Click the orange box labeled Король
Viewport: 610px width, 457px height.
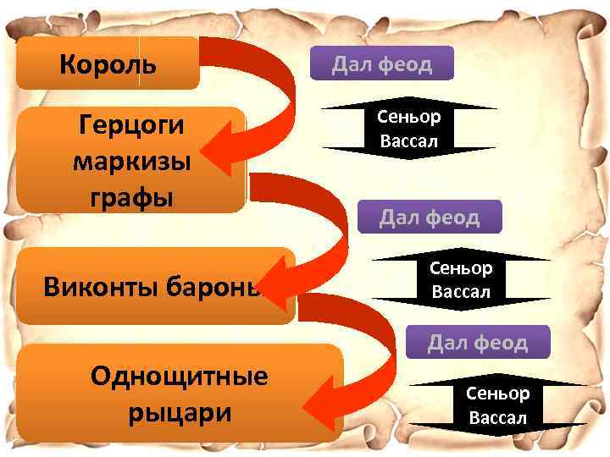coord(108,63)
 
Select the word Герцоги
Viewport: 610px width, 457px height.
coord(131,125)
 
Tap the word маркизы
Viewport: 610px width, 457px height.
coord(132,162)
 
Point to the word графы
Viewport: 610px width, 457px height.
coord(132,198)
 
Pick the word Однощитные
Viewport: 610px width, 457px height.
coord(180,376)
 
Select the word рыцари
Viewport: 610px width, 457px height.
coord(180,413)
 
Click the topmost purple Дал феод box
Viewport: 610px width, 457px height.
coord(382,63)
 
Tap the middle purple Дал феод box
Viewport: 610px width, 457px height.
coord(430,217)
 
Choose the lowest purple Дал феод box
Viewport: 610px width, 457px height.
coord(478,342)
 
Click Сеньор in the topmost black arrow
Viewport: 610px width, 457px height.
coord(409,117)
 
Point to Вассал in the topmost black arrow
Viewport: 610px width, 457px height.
coord(409,140)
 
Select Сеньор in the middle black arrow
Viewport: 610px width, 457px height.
coord(461,268)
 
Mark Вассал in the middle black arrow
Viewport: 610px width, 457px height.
coord(461,291)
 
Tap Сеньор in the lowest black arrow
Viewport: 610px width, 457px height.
coord(497,394)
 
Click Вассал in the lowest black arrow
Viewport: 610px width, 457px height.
coord(497,418)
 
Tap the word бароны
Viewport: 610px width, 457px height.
coord(213,287)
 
